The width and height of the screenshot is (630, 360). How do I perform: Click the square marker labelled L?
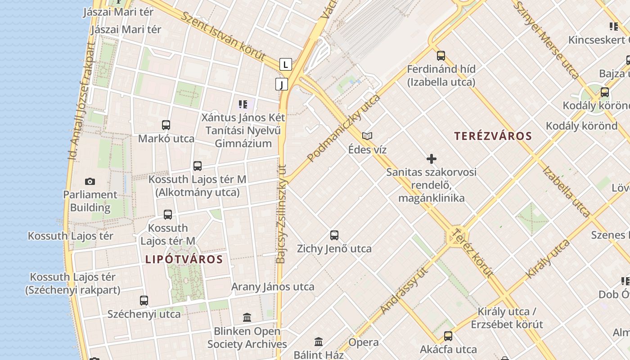[x=285, y=64]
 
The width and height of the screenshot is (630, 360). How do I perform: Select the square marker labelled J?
[x=282, y=84]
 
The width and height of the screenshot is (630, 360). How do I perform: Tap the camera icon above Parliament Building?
[x=90, y=182]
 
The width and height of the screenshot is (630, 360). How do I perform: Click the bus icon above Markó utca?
[x=166, y=125]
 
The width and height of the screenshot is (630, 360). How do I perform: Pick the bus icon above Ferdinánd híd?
[x=441, y=56]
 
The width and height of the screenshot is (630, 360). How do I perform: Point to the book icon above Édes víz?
[x=367, y=136]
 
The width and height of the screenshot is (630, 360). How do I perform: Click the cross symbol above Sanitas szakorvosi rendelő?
[x=432, y=159]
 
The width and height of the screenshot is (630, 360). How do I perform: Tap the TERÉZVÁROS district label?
[x=493, y=136]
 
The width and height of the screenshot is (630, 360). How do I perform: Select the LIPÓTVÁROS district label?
[x=184, y=259]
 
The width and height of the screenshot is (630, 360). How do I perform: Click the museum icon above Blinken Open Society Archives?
[x=247, y=318]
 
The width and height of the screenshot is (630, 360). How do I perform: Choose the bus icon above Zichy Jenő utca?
[x=334, y=235]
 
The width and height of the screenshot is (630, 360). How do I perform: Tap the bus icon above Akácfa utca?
[x=448, y=336]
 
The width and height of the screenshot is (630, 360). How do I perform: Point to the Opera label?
[x=364, y=342]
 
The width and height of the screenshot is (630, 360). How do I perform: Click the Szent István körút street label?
[x=223, y=36]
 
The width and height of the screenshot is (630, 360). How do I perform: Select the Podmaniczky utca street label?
[x=344, y=128]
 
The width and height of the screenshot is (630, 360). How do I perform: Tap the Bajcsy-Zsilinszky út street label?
[x=282, y=214]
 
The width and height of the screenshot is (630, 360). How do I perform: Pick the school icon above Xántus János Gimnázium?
[x=243, y=105]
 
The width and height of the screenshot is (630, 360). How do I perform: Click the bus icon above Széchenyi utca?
[x=144, y=300]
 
